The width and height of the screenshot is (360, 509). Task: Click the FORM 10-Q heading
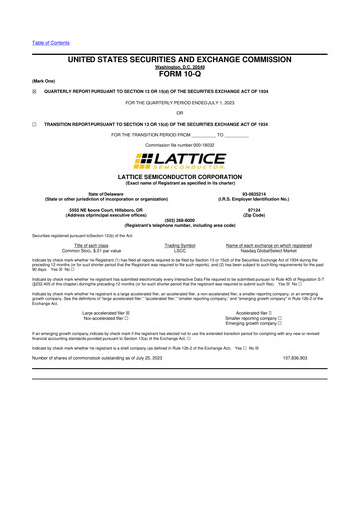179,73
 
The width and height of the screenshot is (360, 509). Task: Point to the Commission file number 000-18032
180,145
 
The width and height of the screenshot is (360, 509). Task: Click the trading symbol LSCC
180,249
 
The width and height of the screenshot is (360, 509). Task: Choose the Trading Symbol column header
180,244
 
